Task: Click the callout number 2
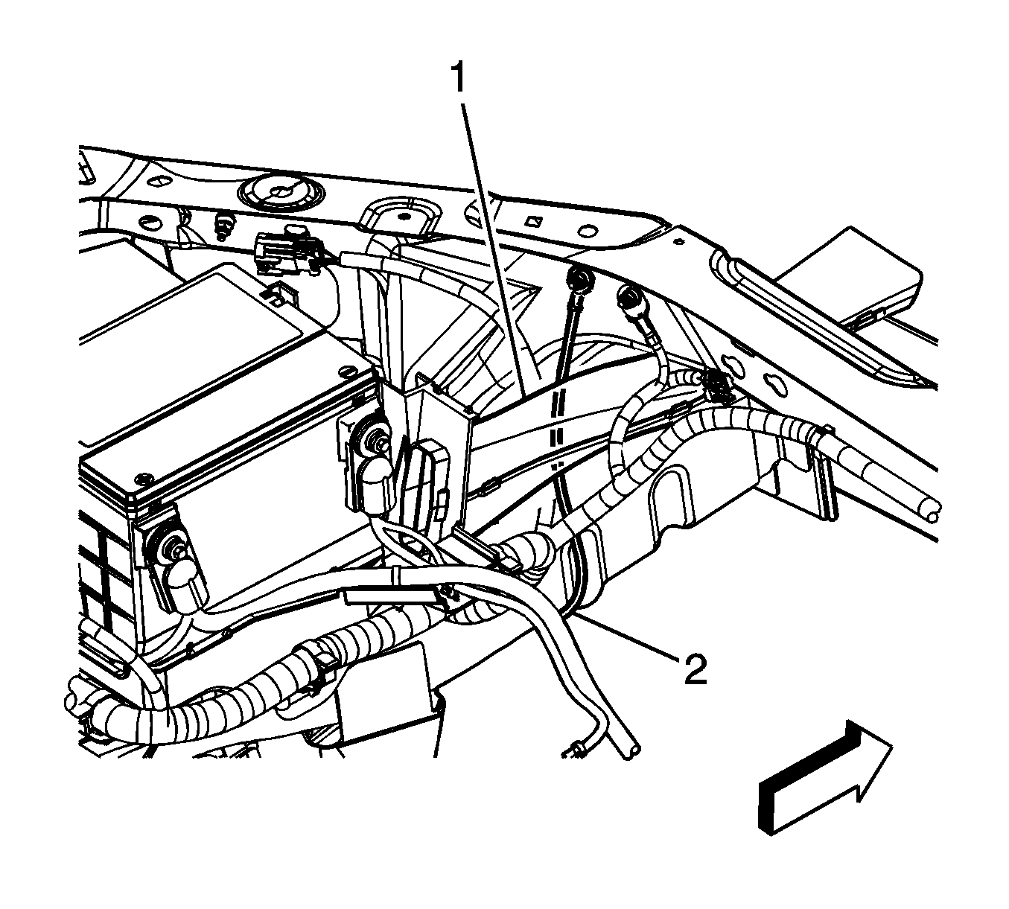click(x=695, y=669)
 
